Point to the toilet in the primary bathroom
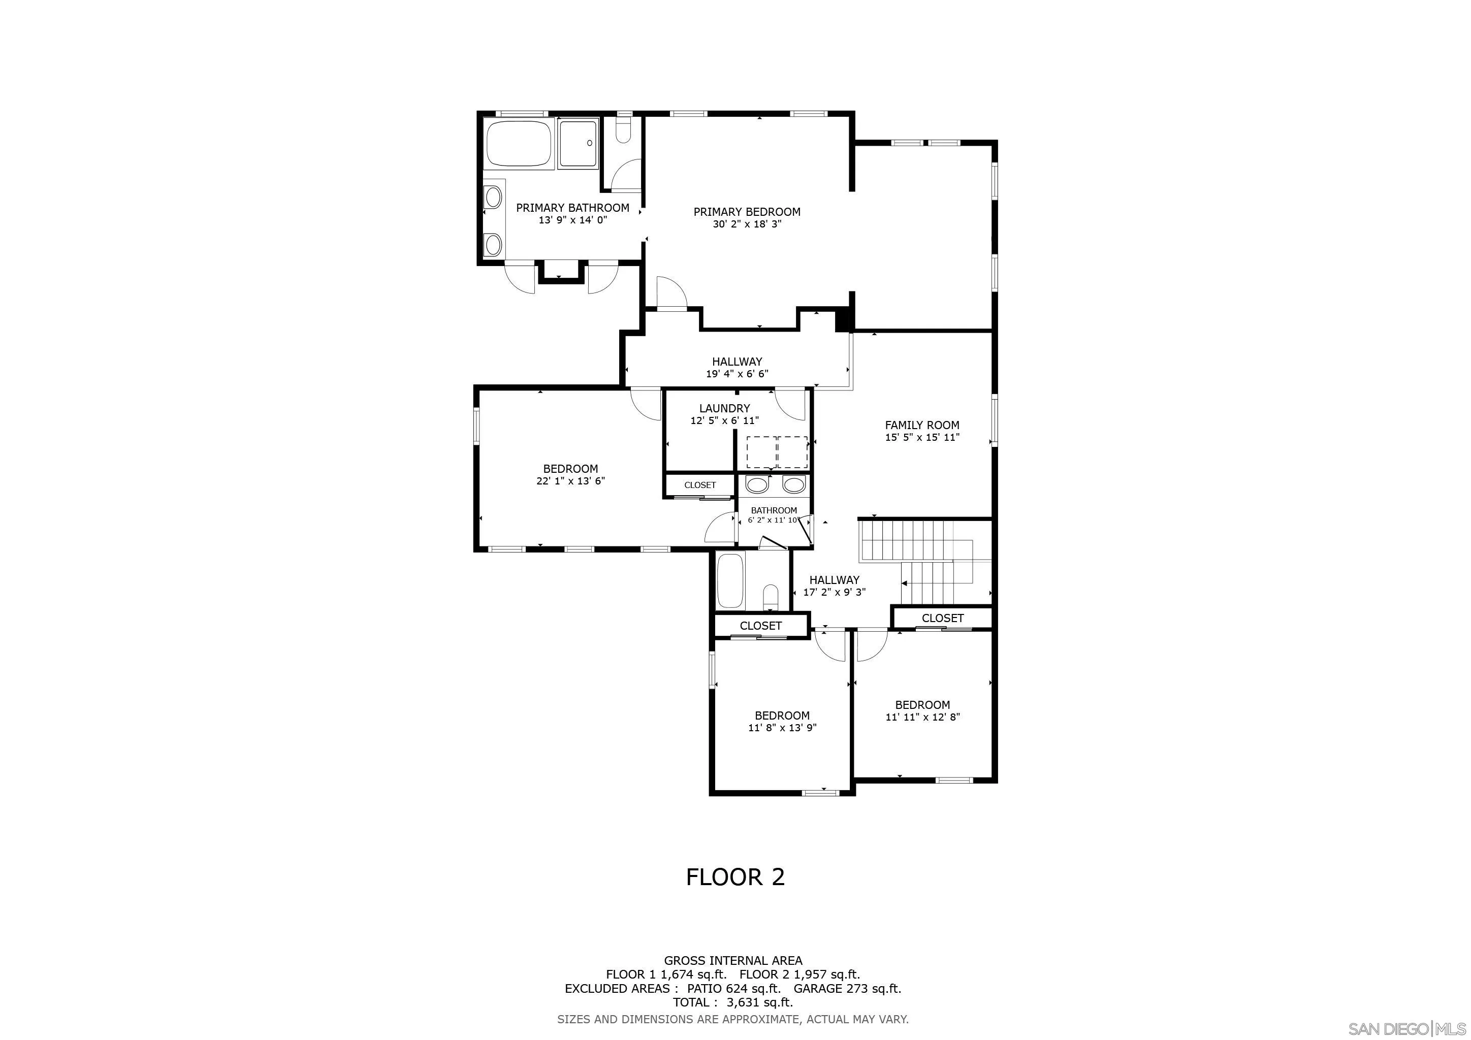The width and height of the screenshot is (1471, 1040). tap(623, 128)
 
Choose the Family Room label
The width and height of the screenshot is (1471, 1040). tap(922, 425)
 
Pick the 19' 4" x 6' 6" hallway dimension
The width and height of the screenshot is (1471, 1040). tap(737, 374)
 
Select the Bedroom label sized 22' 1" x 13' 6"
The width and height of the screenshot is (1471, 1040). tap(570, 469)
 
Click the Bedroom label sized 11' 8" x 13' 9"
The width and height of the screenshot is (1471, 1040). tap(782, 716)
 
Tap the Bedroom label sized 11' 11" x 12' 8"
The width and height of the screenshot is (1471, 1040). tap(922, 705)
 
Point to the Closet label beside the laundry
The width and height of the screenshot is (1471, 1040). tap(699, 485)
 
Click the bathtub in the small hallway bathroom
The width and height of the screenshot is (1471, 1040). tap(731, 581)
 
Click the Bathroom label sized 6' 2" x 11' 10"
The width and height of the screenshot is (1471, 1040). tap(774, 511)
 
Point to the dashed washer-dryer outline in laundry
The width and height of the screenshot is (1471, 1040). tap(777, 452)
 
